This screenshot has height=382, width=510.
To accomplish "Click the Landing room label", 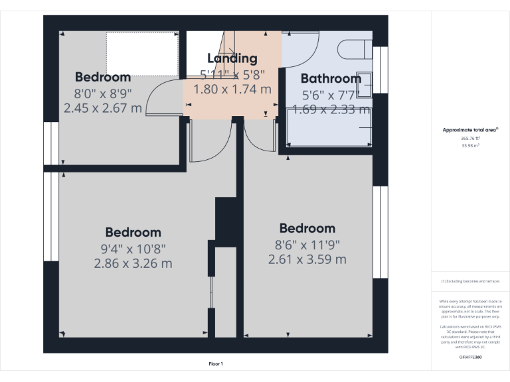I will [x=232, y=58].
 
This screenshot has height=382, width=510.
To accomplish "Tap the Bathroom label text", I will [x=331, y=78].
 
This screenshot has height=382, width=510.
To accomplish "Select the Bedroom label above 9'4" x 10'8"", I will [x=133, y=232].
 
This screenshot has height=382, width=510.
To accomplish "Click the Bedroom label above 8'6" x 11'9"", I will [x=307, y=228].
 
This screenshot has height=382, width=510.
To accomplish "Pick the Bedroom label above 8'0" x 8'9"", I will [x=102, y=76].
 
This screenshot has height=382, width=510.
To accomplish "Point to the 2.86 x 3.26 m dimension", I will [x=133, y=263].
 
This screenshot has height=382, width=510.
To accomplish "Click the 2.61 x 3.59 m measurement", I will [x=307, y=259].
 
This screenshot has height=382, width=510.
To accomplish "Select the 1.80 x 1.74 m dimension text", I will [x=232, y=88].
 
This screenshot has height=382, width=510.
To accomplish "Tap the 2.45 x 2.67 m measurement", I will [x=102, y=107].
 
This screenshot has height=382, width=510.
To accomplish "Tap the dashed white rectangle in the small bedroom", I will [x=142, y=52].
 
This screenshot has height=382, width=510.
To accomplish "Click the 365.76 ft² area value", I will [x=470, y=139].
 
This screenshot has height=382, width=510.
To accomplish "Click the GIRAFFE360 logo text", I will [x=470, y=357].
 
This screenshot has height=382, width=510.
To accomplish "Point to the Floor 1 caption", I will [x=216, y=363].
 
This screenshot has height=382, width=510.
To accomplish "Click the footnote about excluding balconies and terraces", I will [x=470, y=282].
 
